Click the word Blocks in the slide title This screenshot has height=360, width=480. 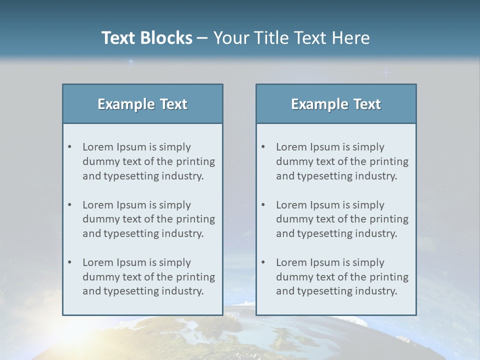(x=167, y=38)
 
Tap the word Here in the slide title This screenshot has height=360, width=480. (x=349, y=38)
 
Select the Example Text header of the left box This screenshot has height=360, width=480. (x=142, y=104)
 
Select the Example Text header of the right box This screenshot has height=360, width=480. (x=336, y=104)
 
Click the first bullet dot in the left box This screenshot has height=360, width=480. (x=70, y=147)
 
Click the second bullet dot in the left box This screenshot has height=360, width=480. (x=70, y=205)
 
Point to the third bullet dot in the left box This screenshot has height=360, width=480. (x=70, y=262)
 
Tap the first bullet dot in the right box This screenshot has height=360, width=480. (x=263, y=147)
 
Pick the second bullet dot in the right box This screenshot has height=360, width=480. (x=263, y=205)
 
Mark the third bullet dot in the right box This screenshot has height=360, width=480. (x=263, y=262)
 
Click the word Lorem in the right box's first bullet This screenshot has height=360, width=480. (x=291, y=147)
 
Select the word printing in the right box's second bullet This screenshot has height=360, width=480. (x=389, y=219)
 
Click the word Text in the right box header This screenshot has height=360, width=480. (x=367, y=104)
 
